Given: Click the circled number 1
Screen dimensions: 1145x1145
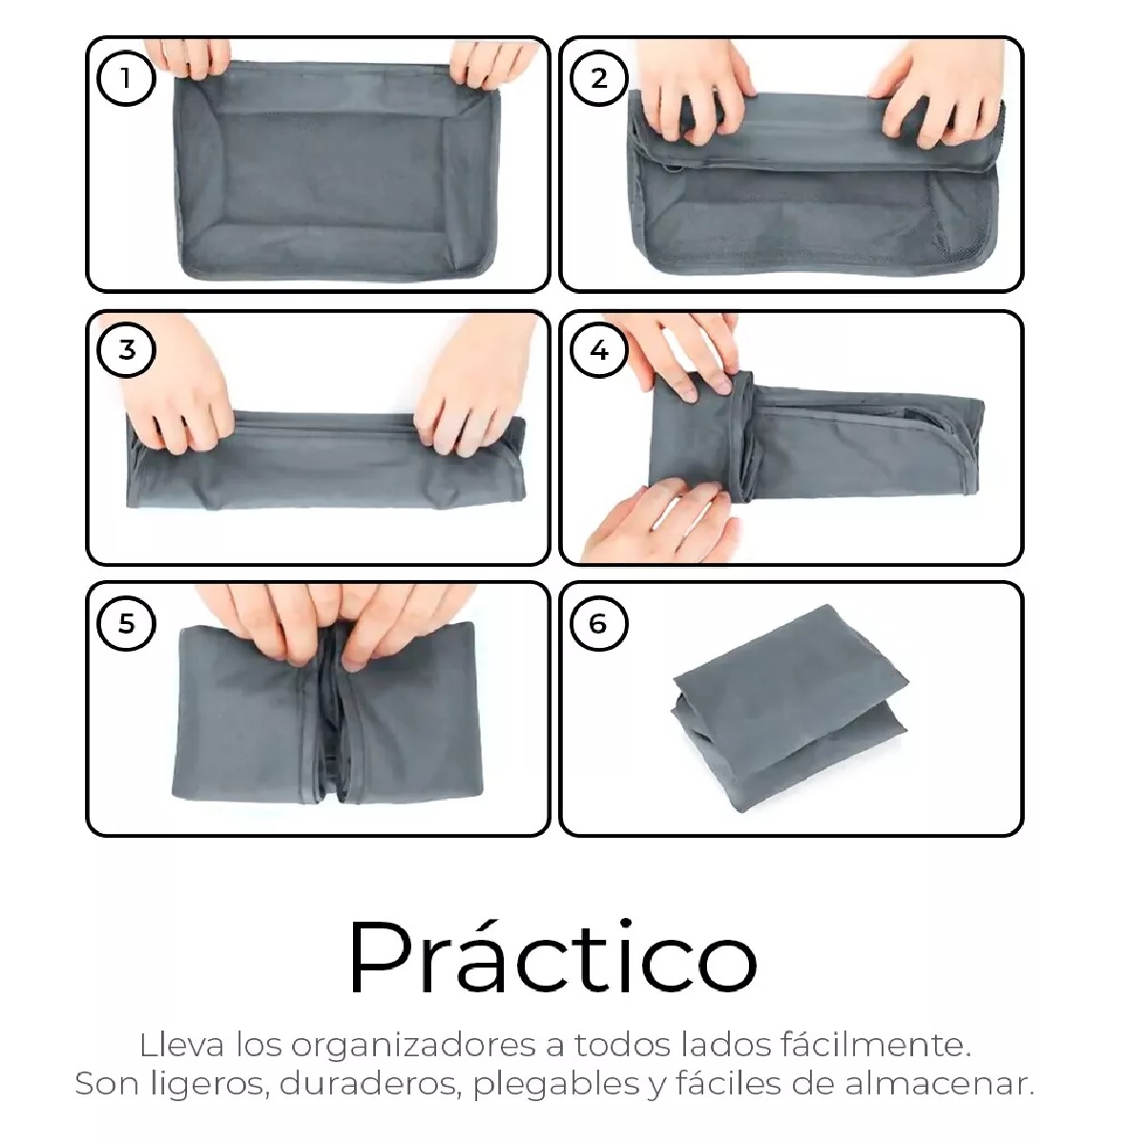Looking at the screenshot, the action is point(126,78).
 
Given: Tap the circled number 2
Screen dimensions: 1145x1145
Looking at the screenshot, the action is point(598,78).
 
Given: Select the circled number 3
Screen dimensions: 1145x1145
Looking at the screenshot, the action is point(126,349).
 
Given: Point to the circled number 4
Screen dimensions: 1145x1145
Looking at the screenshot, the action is point(598,349).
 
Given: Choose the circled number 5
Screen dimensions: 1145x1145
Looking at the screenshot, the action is point(126,623).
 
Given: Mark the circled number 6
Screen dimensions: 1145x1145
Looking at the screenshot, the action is point(598,623).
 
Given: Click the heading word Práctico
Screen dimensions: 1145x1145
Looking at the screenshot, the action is point(552,957).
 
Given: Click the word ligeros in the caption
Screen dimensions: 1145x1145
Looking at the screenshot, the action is point(207,1085).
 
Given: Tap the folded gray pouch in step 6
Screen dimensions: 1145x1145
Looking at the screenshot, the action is point(790,708).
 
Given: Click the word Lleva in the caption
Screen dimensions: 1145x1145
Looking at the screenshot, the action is point(182,1045).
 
